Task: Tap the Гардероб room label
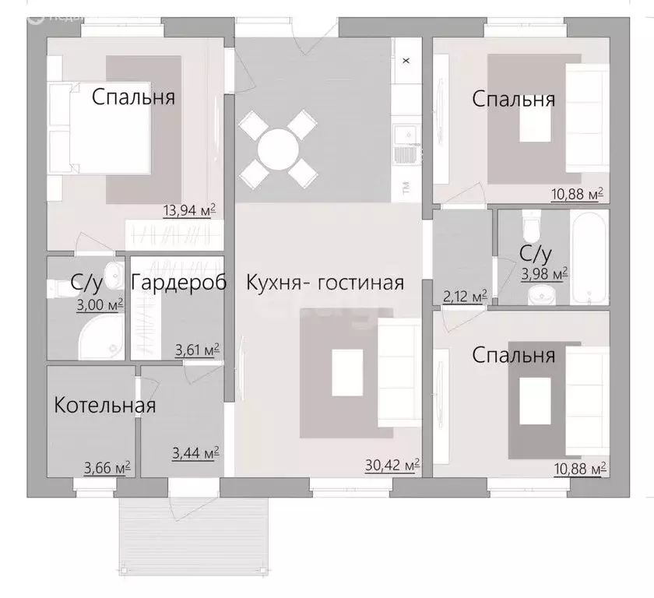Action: (x=178, y=283)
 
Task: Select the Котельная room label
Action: (x=104, y=406)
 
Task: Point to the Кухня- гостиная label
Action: (x=325, y=283)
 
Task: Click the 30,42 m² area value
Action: (x=392, y=466)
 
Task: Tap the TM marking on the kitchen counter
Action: (x=406, y=187)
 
